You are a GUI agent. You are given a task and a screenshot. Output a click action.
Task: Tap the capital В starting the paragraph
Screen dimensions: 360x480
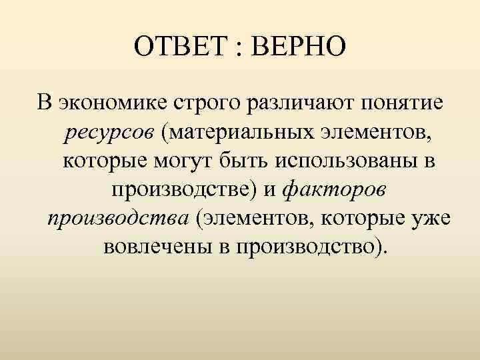click(x=44, y=104)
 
